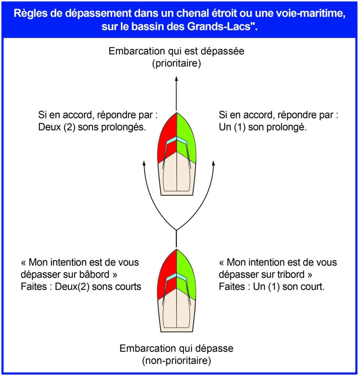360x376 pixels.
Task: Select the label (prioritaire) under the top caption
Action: [176, 63]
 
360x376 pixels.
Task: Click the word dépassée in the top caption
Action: [222, 51]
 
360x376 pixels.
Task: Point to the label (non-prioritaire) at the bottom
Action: [176, 361]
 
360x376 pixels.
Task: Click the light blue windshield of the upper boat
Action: [177, 140]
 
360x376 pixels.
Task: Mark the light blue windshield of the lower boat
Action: [177, 276]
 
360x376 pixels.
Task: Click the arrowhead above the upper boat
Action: [177, 79]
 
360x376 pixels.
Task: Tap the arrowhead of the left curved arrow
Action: [144, 163]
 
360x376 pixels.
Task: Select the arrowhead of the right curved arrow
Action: [213, 163]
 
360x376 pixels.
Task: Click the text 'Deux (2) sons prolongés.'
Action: [92, 127]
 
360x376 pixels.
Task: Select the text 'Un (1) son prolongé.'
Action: [263, 127]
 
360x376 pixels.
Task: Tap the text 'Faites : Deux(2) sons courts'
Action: [81, 286]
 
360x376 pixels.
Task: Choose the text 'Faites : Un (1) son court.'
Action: [272, 286]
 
